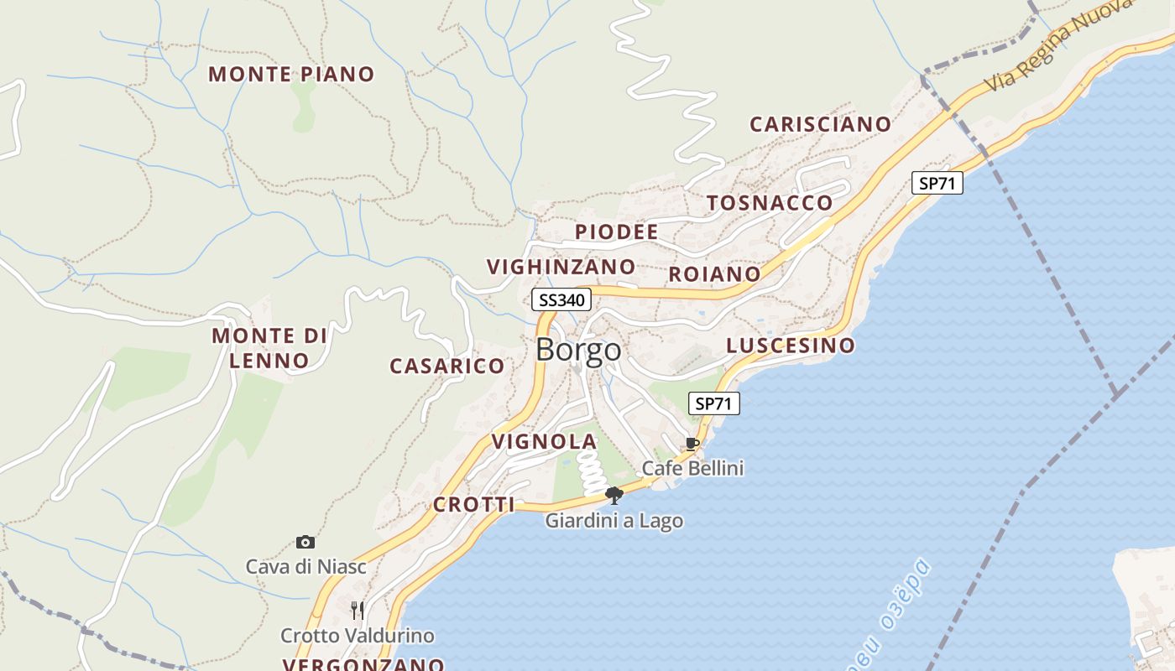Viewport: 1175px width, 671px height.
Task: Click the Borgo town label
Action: click(x=578, y=350)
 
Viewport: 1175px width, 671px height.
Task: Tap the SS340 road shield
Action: click(x=561, y=299)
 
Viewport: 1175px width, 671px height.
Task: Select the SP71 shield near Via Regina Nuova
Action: click(x=937, y=183)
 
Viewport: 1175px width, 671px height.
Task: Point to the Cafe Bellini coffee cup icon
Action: click(x=692, y=444)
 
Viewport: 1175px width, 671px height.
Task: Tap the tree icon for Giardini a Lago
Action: click(x=614, y=495)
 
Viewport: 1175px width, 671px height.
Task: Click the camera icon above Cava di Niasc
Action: click(x=305, y=543)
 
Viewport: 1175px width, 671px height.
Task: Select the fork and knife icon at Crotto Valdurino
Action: click(x=358, y=609)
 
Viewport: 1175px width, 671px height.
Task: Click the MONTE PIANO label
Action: click(x=291, y=74)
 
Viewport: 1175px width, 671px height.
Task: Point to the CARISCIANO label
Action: click(x=820, y=124)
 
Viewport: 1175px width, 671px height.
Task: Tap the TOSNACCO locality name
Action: click(x=770, y=203)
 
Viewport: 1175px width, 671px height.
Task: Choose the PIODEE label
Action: click(x=616, y=232)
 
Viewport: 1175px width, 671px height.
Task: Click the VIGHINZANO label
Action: click(x=561, y=267)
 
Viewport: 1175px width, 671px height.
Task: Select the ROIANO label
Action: click(x=714, y=274)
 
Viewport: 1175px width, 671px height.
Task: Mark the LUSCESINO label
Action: click(x=791, y=346)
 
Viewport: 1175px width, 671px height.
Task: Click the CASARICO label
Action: click(x=446, y=366)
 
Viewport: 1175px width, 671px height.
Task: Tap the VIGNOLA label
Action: click(x=544, y=441)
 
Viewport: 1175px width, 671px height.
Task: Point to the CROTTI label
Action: click(x=473, y=504)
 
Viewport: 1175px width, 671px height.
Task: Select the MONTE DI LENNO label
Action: click(x=269, y=348)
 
